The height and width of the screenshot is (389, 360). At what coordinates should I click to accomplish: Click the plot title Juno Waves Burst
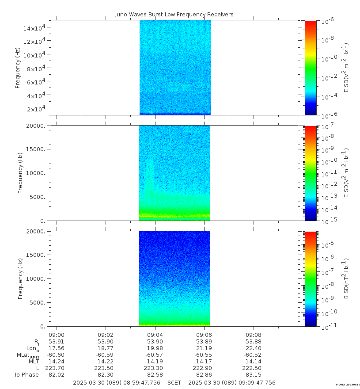[x=174, y=15]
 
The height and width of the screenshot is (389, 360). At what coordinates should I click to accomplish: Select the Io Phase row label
[x=27, y=375]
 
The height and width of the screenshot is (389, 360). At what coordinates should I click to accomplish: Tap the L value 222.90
[x=204, y=368]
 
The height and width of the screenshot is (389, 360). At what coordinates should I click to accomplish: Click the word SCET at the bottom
[x=174, y=383]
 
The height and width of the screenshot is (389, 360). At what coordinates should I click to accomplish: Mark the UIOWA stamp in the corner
[x=348, y=385]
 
